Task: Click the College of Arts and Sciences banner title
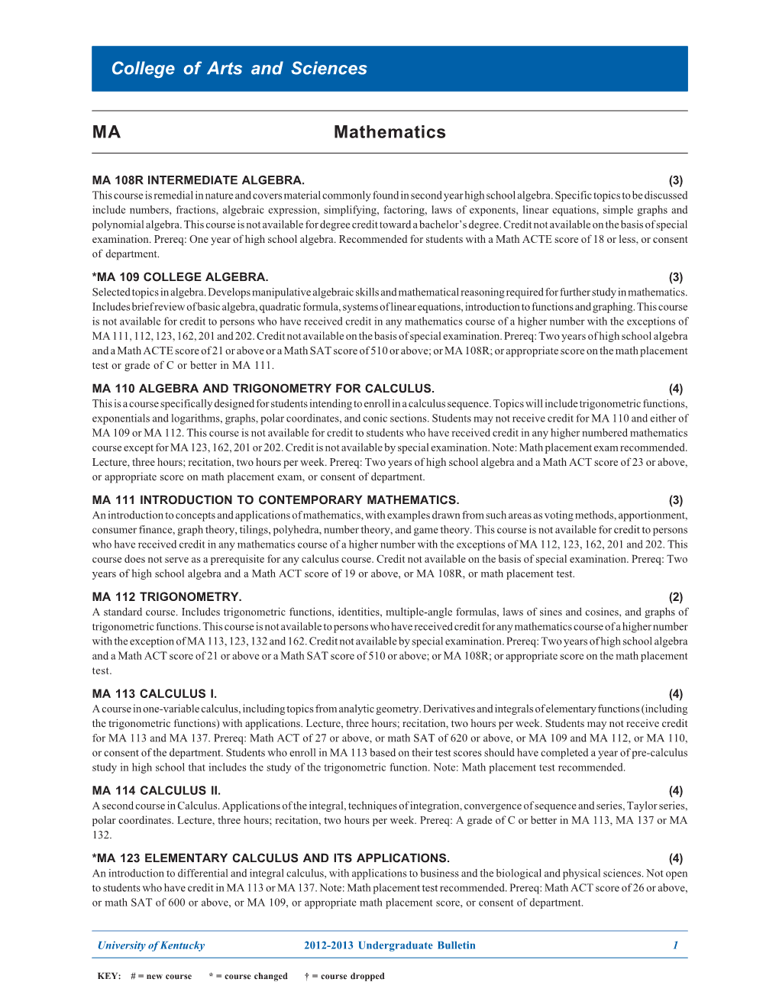click(239, 69)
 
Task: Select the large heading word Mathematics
click(389, 132)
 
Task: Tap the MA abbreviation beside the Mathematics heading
click(106, 132)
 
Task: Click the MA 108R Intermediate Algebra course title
click(199, 180)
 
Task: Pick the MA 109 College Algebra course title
click(180, 277)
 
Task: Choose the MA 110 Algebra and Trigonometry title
click(263, 389)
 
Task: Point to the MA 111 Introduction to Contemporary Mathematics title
click(276, 500)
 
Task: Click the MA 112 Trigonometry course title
click(166, 597)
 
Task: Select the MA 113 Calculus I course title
click(154, 694)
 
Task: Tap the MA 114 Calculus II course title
click(157, 791)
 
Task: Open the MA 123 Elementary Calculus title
click(271, 858)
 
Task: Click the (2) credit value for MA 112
click(676, 597)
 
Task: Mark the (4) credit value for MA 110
click(676, 389)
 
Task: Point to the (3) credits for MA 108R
click(676, 181)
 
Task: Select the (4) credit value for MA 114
click(676, 791)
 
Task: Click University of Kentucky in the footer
click(151, 945)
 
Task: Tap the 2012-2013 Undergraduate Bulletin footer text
click(389, 945)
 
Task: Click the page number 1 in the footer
click(675, 945)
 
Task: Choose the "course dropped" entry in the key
click(345, 976)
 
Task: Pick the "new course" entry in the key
click(161, 976)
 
